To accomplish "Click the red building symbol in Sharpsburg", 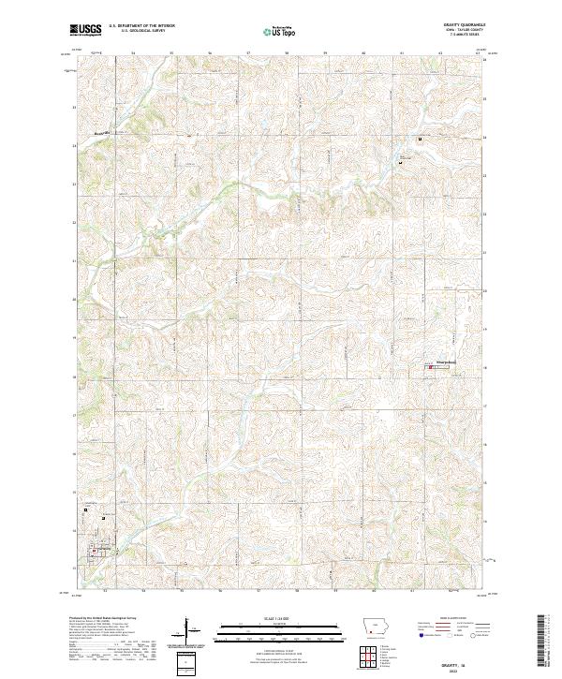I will pos(431,367).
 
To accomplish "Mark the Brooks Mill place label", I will pos(103,134).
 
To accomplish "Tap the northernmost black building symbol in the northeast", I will pos(420,140).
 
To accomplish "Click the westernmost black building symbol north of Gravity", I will pos(86,510).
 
